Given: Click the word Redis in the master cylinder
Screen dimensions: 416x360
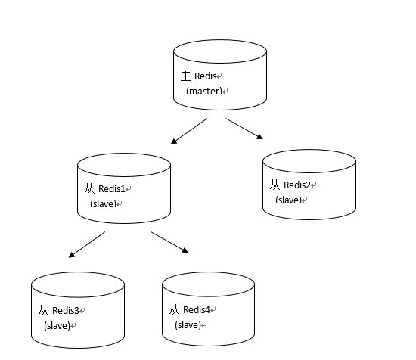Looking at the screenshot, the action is (x=205, y=76).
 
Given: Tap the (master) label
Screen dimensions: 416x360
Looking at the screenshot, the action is (x=204, y=91).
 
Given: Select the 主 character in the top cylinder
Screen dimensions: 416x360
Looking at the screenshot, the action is (x=186, y=76).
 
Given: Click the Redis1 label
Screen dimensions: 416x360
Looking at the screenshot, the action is (x=112, y=189).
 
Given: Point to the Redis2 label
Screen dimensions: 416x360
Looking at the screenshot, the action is (x=297, y=185).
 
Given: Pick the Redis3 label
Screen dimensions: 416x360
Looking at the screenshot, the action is (x=66, y=310).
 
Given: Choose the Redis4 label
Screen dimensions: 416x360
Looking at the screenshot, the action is (x=197, y=309).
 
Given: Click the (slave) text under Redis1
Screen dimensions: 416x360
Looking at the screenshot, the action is (x=104, y=203).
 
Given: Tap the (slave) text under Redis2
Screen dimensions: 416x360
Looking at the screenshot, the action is (x=289, y=200).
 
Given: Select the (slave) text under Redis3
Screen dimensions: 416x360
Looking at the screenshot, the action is (x=57, y=325).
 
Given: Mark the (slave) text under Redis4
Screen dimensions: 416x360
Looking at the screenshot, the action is (x=188, y=324).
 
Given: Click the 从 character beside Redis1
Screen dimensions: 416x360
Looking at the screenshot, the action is (x=90, y=188).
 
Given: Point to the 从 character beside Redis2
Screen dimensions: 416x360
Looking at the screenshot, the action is (x=275, y=185).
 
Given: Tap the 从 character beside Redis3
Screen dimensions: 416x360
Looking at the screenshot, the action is (x=44, y=310).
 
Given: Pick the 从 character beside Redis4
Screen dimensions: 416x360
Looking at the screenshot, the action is (x=174, y=309).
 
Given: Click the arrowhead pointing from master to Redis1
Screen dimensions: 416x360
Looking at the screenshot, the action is (x=174, y=141).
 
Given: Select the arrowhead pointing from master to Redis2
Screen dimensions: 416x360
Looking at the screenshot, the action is (x=259, y=136).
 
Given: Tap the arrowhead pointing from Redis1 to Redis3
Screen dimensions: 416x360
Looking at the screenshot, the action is (x=72, y=255).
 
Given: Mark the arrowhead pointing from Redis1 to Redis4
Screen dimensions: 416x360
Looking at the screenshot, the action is (x=185, y=250).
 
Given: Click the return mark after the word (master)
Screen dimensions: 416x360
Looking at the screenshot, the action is (x=225, y=92).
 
